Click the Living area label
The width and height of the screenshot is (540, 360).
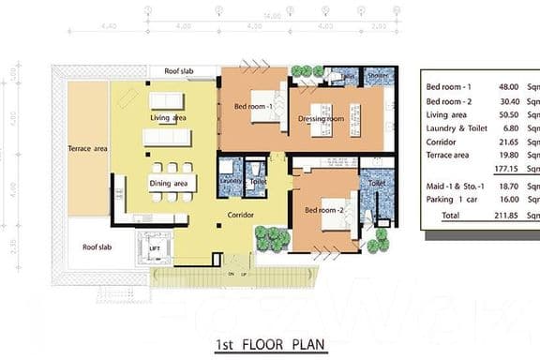169,118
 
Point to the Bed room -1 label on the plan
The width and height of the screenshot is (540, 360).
253,106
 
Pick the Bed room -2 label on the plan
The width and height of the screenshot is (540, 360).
324,208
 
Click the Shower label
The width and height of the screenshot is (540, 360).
378,78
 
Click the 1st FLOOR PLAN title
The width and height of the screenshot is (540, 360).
269,344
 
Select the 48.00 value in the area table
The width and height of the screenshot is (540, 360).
498,85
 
